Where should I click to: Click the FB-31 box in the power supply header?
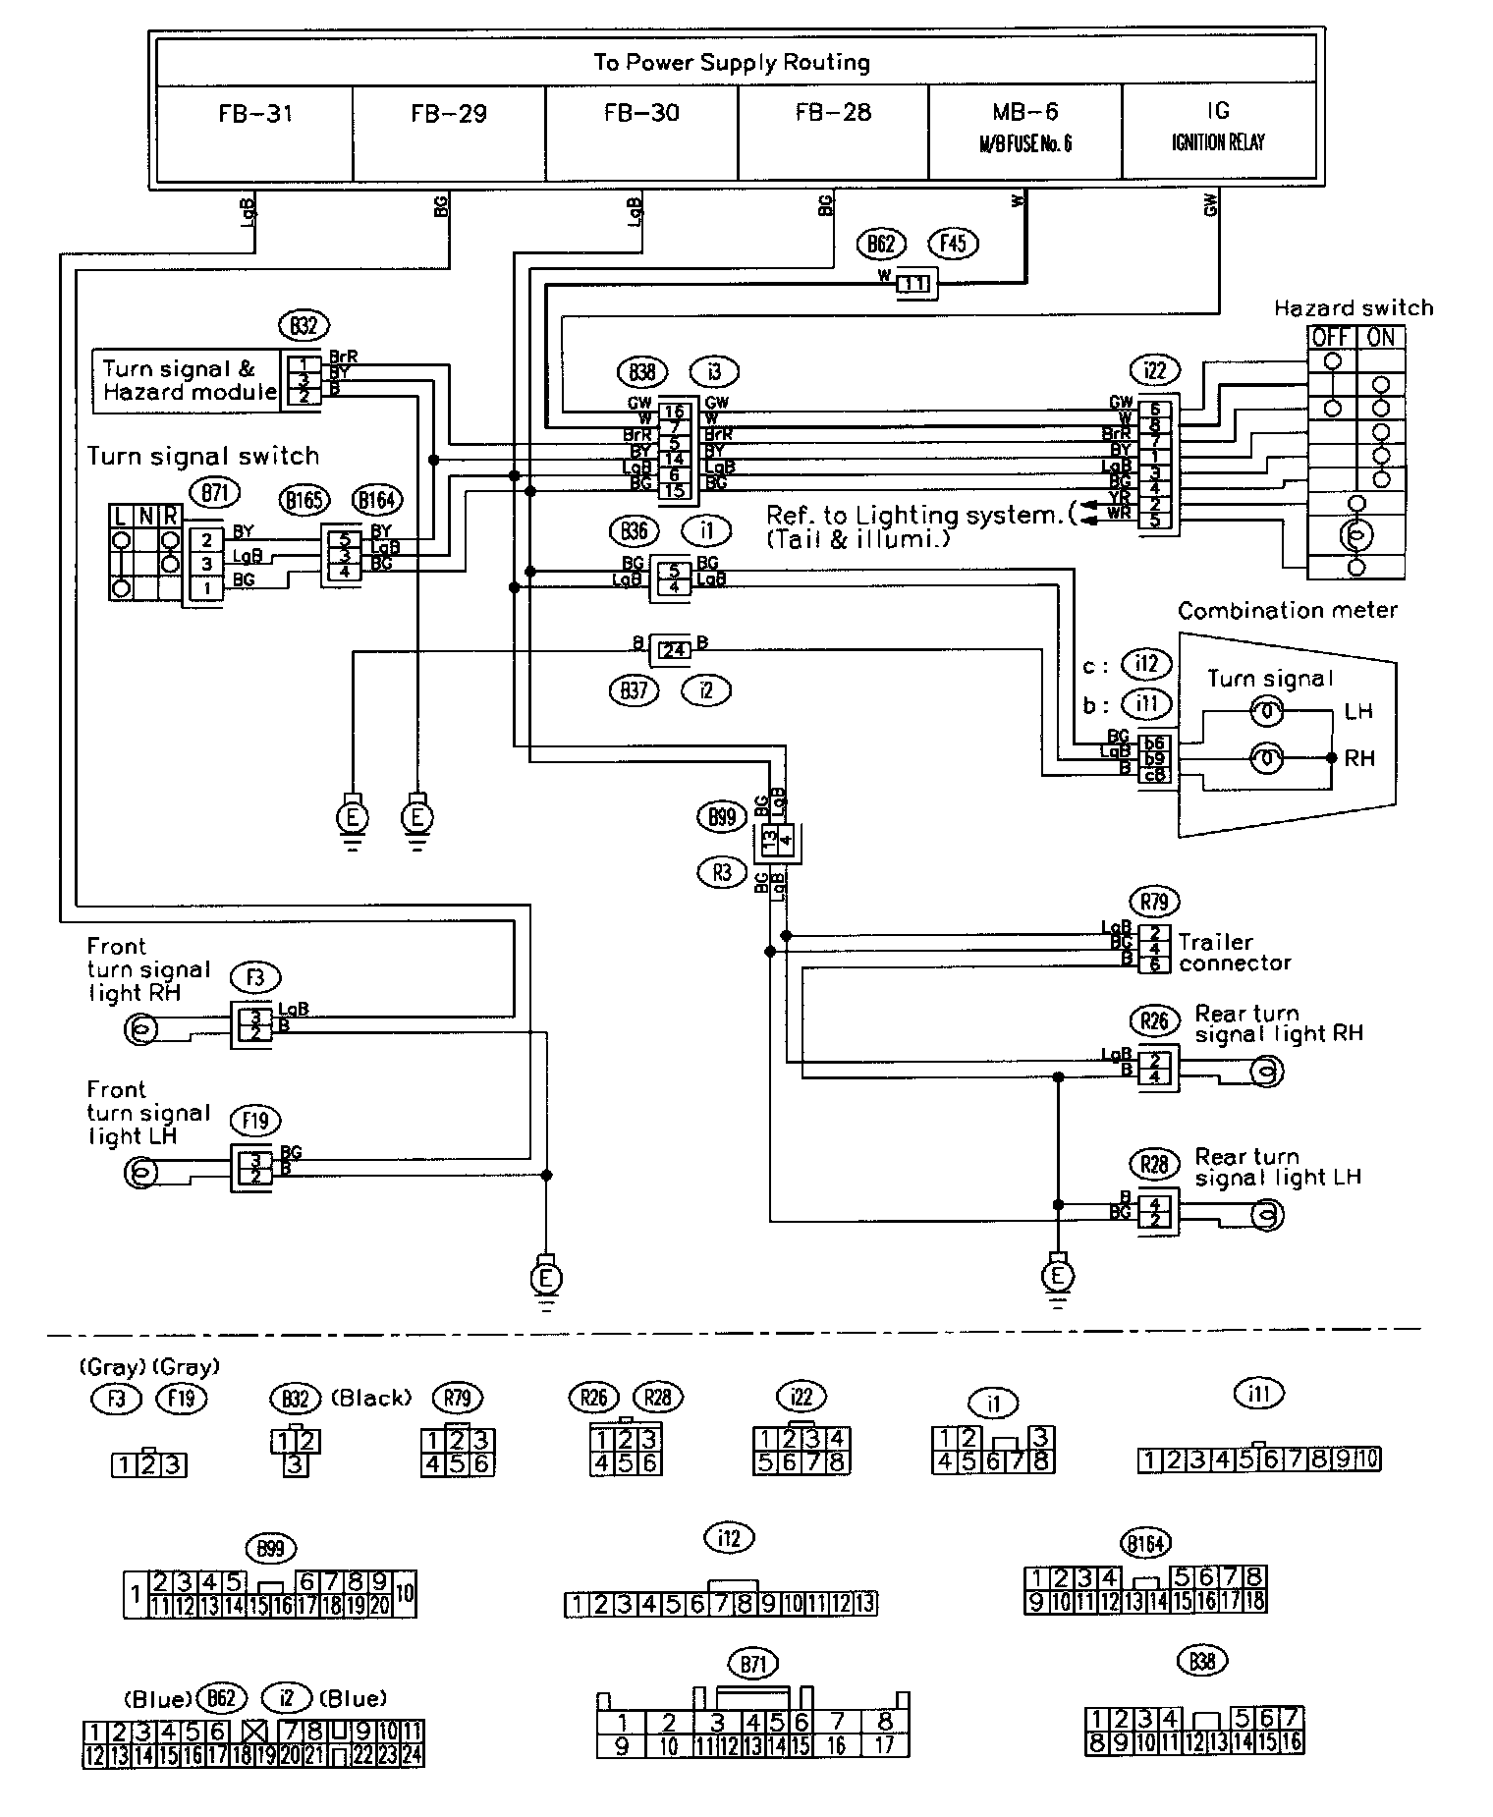click(254, 133)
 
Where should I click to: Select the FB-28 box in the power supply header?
click(833, 133)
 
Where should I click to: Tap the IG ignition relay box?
click(1218, 133)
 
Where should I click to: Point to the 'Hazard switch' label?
click(1353, 308)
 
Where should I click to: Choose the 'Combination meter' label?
click(1287, 611)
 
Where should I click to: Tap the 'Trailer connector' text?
click(1235, 953)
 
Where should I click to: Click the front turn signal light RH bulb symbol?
click(139, 1030)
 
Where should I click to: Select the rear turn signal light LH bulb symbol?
click(1267, 1216)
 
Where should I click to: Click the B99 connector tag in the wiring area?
click(722, 817)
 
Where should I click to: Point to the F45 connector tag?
click(953, 244)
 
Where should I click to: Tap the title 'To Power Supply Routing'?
click(732, 63)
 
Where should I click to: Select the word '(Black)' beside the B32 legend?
click(371, 1398)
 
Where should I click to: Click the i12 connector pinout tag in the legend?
click(728, 1538)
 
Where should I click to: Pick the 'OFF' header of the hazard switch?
click(1331, 337)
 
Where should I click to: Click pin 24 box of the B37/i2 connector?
click(673, 648)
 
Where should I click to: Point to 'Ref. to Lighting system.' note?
click(918, 515)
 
